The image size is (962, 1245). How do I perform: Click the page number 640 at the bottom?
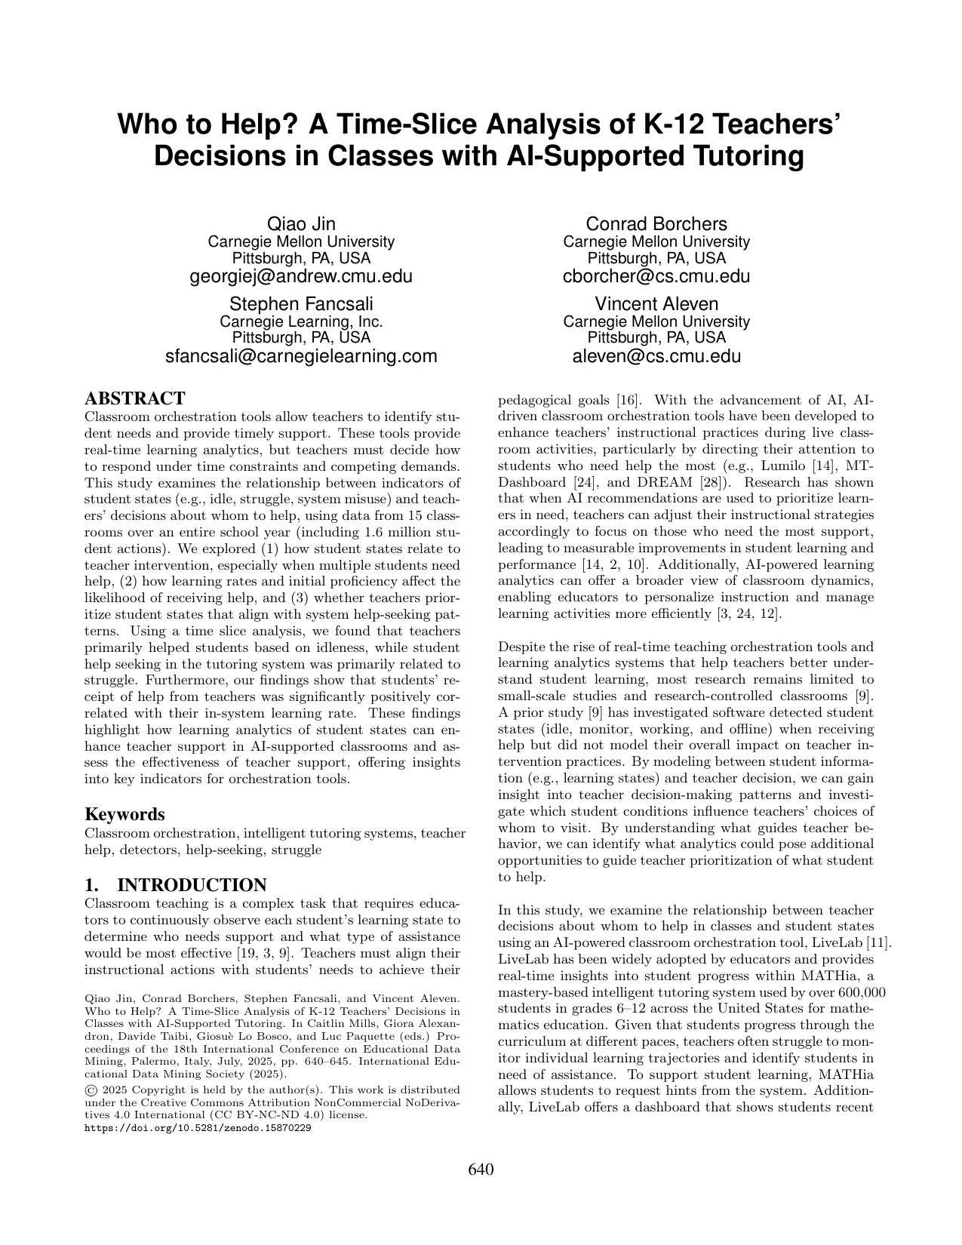coord(481,1170)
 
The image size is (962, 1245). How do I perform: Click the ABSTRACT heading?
coord(134,398)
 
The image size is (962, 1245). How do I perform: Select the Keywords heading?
coord(124,814)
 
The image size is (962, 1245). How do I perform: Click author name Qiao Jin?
coord(301,224)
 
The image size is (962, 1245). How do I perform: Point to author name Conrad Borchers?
coord(656,224)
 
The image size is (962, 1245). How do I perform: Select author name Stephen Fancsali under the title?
coord(301,304)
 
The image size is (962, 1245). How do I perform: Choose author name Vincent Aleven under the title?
coord(656,304)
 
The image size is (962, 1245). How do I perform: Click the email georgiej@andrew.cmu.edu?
coord(301,276)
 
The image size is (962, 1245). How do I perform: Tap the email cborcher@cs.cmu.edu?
coord(656,276)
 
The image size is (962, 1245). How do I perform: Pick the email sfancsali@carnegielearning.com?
coord(301,356)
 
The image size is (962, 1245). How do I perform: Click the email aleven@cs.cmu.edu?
coord(656,356)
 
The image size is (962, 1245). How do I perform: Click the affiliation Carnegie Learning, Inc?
coord(301,321)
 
